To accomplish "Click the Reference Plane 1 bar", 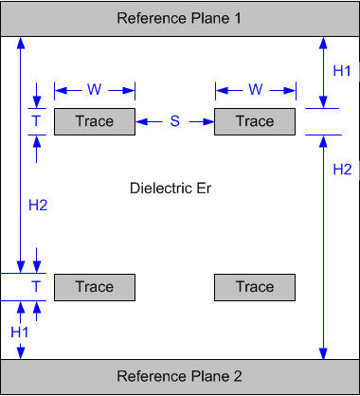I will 180,19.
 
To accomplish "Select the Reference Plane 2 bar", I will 180,376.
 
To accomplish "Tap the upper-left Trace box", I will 95,121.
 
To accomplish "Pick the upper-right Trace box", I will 255,121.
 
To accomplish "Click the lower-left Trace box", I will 95,287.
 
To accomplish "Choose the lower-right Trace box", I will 255,287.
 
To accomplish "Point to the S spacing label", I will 175,121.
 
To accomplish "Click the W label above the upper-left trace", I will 95,90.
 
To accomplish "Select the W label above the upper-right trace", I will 255,90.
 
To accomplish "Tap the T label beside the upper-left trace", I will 36,121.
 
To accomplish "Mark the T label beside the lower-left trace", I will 36,287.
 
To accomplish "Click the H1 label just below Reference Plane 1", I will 342,71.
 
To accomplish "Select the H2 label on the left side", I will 36,205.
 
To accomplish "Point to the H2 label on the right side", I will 342,170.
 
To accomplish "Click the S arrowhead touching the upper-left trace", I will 141,121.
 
